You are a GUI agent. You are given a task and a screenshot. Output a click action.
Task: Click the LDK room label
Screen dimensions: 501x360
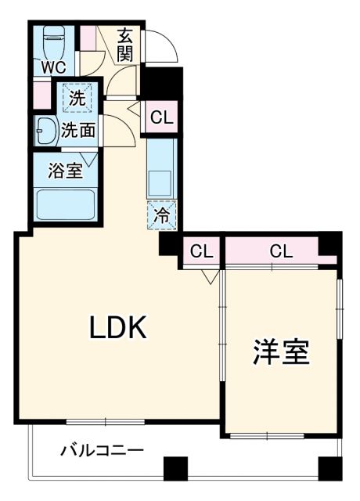(118, 329)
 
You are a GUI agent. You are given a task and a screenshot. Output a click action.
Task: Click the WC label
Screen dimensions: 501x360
(53, 67)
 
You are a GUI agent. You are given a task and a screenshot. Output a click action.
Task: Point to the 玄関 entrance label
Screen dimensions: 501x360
(126, 45)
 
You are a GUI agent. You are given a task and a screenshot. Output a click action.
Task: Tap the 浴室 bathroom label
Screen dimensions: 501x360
(66, 171)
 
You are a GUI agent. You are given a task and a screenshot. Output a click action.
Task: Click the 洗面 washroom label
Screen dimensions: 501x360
(78, 131)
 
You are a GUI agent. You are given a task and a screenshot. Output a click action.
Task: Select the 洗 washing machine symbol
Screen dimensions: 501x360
(77, 98)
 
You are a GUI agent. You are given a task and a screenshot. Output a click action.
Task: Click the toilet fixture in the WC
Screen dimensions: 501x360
(54, 38)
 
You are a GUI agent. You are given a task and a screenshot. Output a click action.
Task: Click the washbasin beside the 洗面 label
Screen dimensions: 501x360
(45, 131)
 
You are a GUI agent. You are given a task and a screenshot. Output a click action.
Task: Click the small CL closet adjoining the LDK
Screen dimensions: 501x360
(201, 251)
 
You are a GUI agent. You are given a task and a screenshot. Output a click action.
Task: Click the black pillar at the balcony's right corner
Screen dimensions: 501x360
(331, 467)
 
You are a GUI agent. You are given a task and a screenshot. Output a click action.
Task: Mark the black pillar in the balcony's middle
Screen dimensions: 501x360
(176, 467)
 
